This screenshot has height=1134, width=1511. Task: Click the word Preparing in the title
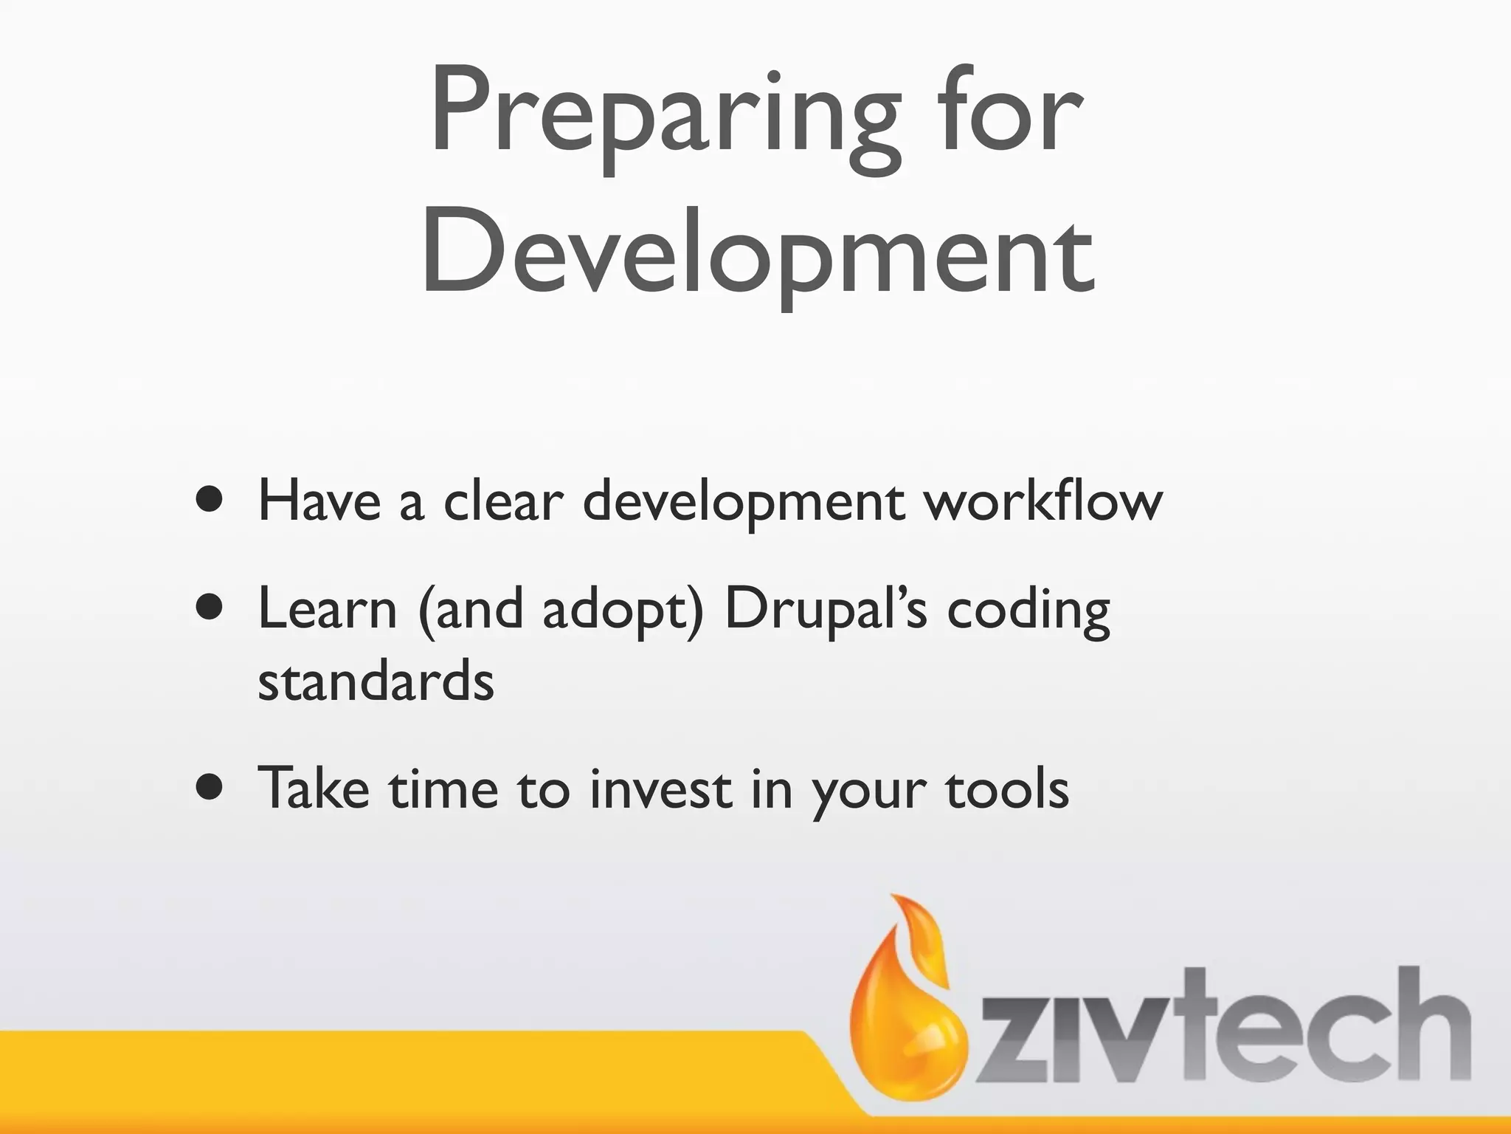point(664,114)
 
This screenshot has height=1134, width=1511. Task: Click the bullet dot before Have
point(210,501)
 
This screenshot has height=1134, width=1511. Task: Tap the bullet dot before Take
point(210,787)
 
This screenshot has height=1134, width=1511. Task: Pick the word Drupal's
point(825,610)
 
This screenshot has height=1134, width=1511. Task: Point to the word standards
point(376,681)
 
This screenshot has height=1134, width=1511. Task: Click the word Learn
point(328,609)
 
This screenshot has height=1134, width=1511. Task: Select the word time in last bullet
point(443,788)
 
